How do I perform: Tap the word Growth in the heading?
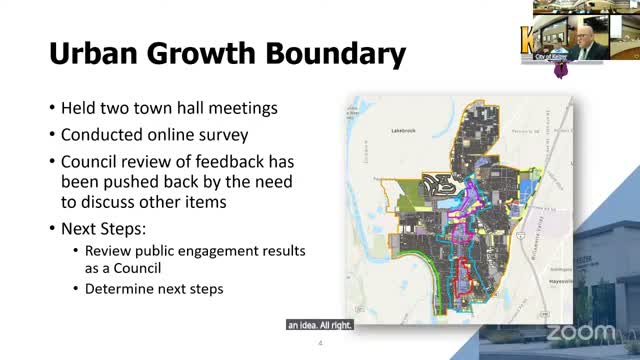point(208,54)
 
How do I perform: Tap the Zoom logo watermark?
point(581,331)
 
